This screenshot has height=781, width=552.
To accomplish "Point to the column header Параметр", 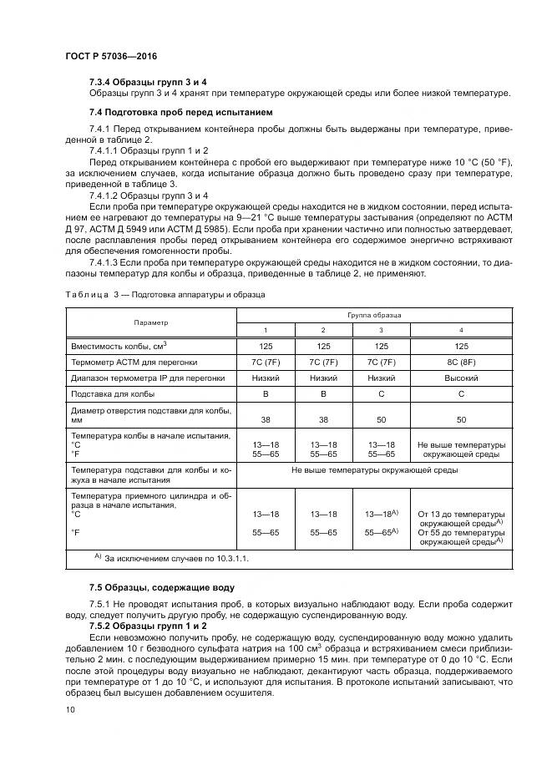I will coord(150,322).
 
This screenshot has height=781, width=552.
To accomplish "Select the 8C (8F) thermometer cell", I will coord(461,362).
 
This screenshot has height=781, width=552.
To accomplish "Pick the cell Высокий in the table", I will coord(461,378).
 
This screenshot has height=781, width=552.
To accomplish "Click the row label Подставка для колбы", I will coord(113,393).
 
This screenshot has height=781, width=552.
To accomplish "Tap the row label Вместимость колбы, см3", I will coord(119,345).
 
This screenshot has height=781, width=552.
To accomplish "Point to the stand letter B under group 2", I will coord(323,393).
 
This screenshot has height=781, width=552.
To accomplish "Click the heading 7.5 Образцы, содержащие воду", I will coord(162,587).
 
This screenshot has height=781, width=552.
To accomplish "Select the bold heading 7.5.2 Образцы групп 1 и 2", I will coord(148,625).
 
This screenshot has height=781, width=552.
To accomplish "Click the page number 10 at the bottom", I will coord(70,709).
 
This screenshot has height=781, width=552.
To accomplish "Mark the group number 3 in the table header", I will coord(382,330).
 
